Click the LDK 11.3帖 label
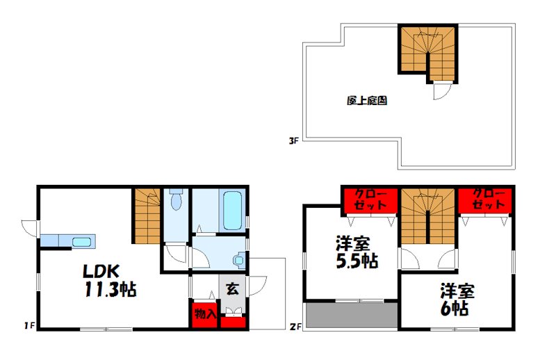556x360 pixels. (x=110, y=280)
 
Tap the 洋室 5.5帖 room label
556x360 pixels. (x=357, y=252)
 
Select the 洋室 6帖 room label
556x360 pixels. (x=457, y=300)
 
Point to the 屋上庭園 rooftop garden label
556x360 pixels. (x=367, y=101)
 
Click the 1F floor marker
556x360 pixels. (x=29, y=325)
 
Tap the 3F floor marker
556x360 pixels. (x=293, y=141)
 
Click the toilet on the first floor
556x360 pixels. (x=176, y=199)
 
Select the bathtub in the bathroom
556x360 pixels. (x=233, y=211)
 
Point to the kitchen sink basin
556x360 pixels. (x=82, y=242)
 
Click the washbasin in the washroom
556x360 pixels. (x=238, y=261)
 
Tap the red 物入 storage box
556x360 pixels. (x=204, y=315)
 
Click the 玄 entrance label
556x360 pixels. (x=232, y=289)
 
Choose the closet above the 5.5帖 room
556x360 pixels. (x=370, y=200)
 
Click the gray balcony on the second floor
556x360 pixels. (x=352, y=315)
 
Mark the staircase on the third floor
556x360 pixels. (x=427, y=53)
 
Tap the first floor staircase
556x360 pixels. (x=147, y=216)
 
